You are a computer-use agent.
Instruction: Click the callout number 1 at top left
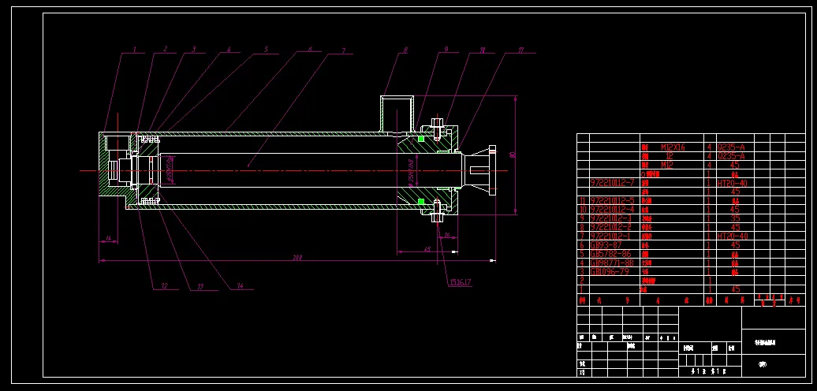click(x=135, y=49)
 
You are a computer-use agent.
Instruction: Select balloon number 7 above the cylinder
click(x=344, y=50)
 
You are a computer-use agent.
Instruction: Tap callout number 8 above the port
click(x=405, y=50)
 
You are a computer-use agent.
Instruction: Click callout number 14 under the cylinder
click(x=240, y=285)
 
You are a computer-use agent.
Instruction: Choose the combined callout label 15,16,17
click(x=460, y=281)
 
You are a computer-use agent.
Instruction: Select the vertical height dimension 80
click(x=513, y=155)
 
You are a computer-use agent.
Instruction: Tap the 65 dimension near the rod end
click(x=427, y=249)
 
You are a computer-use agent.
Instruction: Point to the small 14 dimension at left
click(x=108, y=238)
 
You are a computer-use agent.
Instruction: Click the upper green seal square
click(x=421, y=139)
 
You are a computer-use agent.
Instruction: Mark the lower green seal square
click(x=421, y=202)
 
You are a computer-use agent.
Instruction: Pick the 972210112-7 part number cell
click(x=613, y=183)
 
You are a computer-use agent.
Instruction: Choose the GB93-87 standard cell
click(x=605, y=245)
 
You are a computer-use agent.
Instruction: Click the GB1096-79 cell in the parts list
click(x=610, y=271)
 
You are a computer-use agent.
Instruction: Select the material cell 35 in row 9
click(x=734, y=218)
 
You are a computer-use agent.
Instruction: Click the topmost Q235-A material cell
click(x=730, y=147)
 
